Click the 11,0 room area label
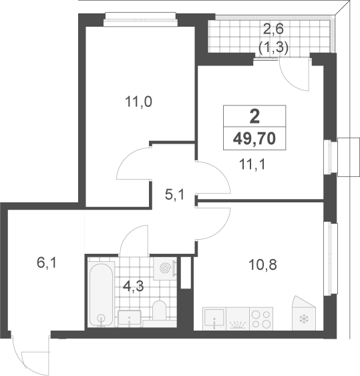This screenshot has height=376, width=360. coord(138,102)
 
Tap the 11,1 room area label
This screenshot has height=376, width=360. coord(252,164)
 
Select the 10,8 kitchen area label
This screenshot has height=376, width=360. coord(263,264)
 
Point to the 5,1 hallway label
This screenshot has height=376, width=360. coord(174,194)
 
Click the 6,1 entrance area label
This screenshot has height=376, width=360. coord(47,263)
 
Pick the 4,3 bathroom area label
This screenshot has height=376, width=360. coord(133,286)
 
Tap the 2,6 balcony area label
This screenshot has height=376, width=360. coord(273,29)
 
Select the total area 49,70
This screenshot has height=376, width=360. coord(254,139)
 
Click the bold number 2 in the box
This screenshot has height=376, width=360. coord(254,117)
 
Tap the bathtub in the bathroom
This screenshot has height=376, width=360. coord(102,295)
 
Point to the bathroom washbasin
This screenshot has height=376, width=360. coord(130,319)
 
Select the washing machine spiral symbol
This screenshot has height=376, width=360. coord(165,268)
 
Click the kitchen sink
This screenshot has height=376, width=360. coord(214,319)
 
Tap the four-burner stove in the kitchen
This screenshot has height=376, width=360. coord(261,319)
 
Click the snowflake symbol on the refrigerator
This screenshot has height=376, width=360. coord(304,319)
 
